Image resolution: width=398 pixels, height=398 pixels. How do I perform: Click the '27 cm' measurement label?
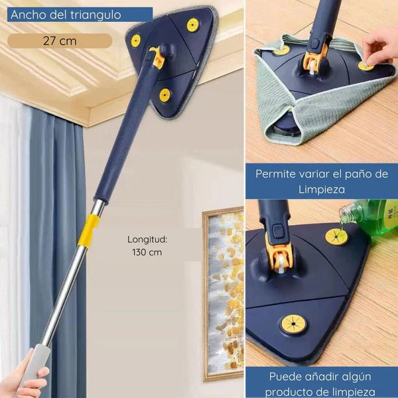60,41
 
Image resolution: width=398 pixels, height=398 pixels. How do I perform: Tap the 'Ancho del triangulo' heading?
66,15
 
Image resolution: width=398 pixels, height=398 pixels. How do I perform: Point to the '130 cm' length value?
147,252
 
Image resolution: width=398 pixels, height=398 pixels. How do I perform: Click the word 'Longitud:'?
147,239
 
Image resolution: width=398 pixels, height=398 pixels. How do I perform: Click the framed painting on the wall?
224,294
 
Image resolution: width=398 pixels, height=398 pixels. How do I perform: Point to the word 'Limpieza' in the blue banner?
322,189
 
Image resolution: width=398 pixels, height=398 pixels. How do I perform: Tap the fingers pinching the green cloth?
379,48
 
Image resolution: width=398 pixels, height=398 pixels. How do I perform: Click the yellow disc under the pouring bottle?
336,237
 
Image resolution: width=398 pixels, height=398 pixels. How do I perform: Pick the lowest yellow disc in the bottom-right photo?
293,324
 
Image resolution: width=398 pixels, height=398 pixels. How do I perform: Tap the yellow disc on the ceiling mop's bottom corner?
165,95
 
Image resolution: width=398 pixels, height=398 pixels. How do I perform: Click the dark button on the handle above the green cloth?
314,43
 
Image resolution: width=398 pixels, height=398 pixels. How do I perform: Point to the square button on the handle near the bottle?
278,232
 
